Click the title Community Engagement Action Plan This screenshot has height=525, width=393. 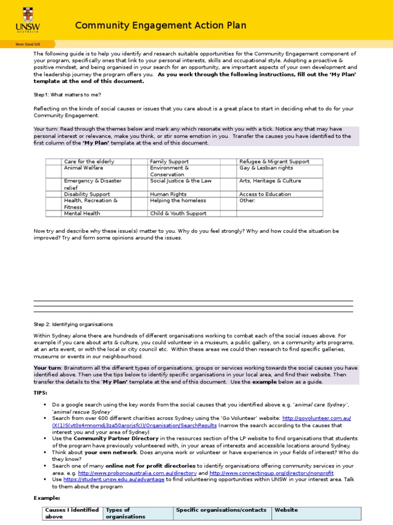[x=161, y=26]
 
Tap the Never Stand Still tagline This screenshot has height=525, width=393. [x=24, y=44]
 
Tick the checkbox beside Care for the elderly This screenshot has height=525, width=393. [x=53, y=161]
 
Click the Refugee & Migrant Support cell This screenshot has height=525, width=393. [x=274, y=161]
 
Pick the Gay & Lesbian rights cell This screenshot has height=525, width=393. [x=266, y=168]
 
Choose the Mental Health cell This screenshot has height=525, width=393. [x=82, y=213]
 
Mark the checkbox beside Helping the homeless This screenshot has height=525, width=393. [x=140, y=200]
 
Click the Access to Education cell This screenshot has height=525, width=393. [x=265, y=194]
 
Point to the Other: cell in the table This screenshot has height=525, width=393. [x=248, y=200]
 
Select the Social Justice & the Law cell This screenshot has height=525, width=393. [x=181, y=181]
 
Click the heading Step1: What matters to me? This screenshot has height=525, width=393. [x=68, y=95]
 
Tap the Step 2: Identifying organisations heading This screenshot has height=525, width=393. [x=73, y=324]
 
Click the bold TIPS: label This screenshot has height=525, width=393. [x=40, y=392]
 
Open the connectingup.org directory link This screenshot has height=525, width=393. [x=271, y=473]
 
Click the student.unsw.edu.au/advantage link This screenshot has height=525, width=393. [x=114, y=479]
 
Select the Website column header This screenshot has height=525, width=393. [x=286, y=510]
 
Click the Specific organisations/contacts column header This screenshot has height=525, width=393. [x=221, y=510]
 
